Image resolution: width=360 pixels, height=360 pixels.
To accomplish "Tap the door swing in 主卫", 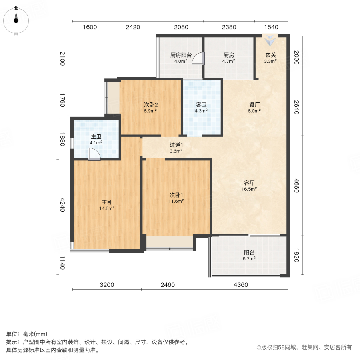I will tap(94, 154).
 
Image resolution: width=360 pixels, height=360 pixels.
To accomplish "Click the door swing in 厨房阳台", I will tap(198, 59).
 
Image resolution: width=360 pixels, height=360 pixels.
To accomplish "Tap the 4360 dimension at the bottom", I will tap(240, 285).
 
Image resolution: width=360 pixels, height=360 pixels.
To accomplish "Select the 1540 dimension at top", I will tap(271, 27).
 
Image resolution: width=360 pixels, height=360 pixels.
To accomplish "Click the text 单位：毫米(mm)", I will tap(27, 334).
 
